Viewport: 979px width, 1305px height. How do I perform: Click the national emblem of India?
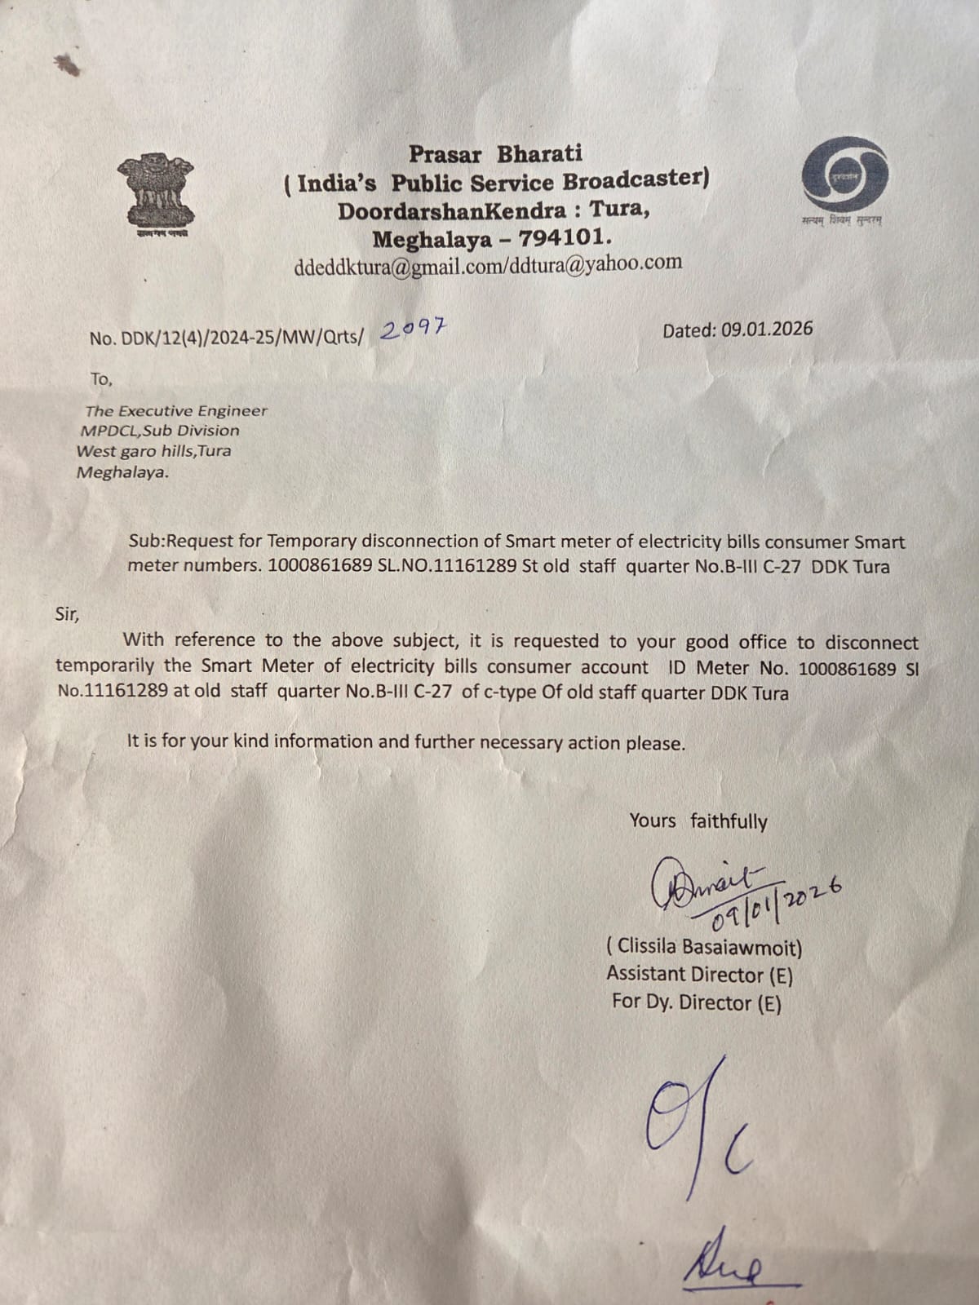tap(156, 194)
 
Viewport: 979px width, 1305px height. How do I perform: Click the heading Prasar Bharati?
tap(495, 153)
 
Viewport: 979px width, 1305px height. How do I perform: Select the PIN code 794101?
tap(565, 239)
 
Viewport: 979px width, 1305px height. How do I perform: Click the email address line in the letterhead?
tap(488, 266)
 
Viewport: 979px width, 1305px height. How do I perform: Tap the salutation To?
tap(101, 379)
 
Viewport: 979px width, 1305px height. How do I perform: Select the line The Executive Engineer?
tap(176, 411)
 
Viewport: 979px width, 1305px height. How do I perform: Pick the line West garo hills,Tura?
tap(153, 451)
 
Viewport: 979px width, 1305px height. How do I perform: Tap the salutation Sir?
tap(67, 613)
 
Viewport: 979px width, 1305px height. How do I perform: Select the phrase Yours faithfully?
tap(698, 821)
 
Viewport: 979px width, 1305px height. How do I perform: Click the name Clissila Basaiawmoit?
tap(704, 948)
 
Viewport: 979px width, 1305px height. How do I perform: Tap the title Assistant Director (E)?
tap(699, 975)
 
